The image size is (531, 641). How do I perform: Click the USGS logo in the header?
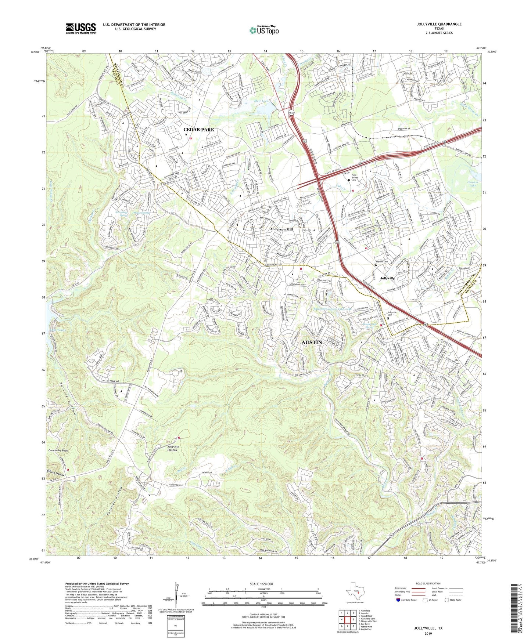[x=81, y=28]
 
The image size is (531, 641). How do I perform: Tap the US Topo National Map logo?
[x=263, y=30]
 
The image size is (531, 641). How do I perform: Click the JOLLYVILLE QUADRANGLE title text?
[x=439, y=24]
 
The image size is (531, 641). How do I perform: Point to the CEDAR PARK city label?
[x=198, y=130]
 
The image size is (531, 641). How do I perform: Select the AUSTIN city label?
[x=312, y=342]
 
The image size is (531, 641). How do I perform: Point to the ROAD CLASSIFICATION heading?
[x=427, y=583]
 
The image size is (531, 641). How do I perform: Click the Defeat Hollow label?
[x=55, y=474]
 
